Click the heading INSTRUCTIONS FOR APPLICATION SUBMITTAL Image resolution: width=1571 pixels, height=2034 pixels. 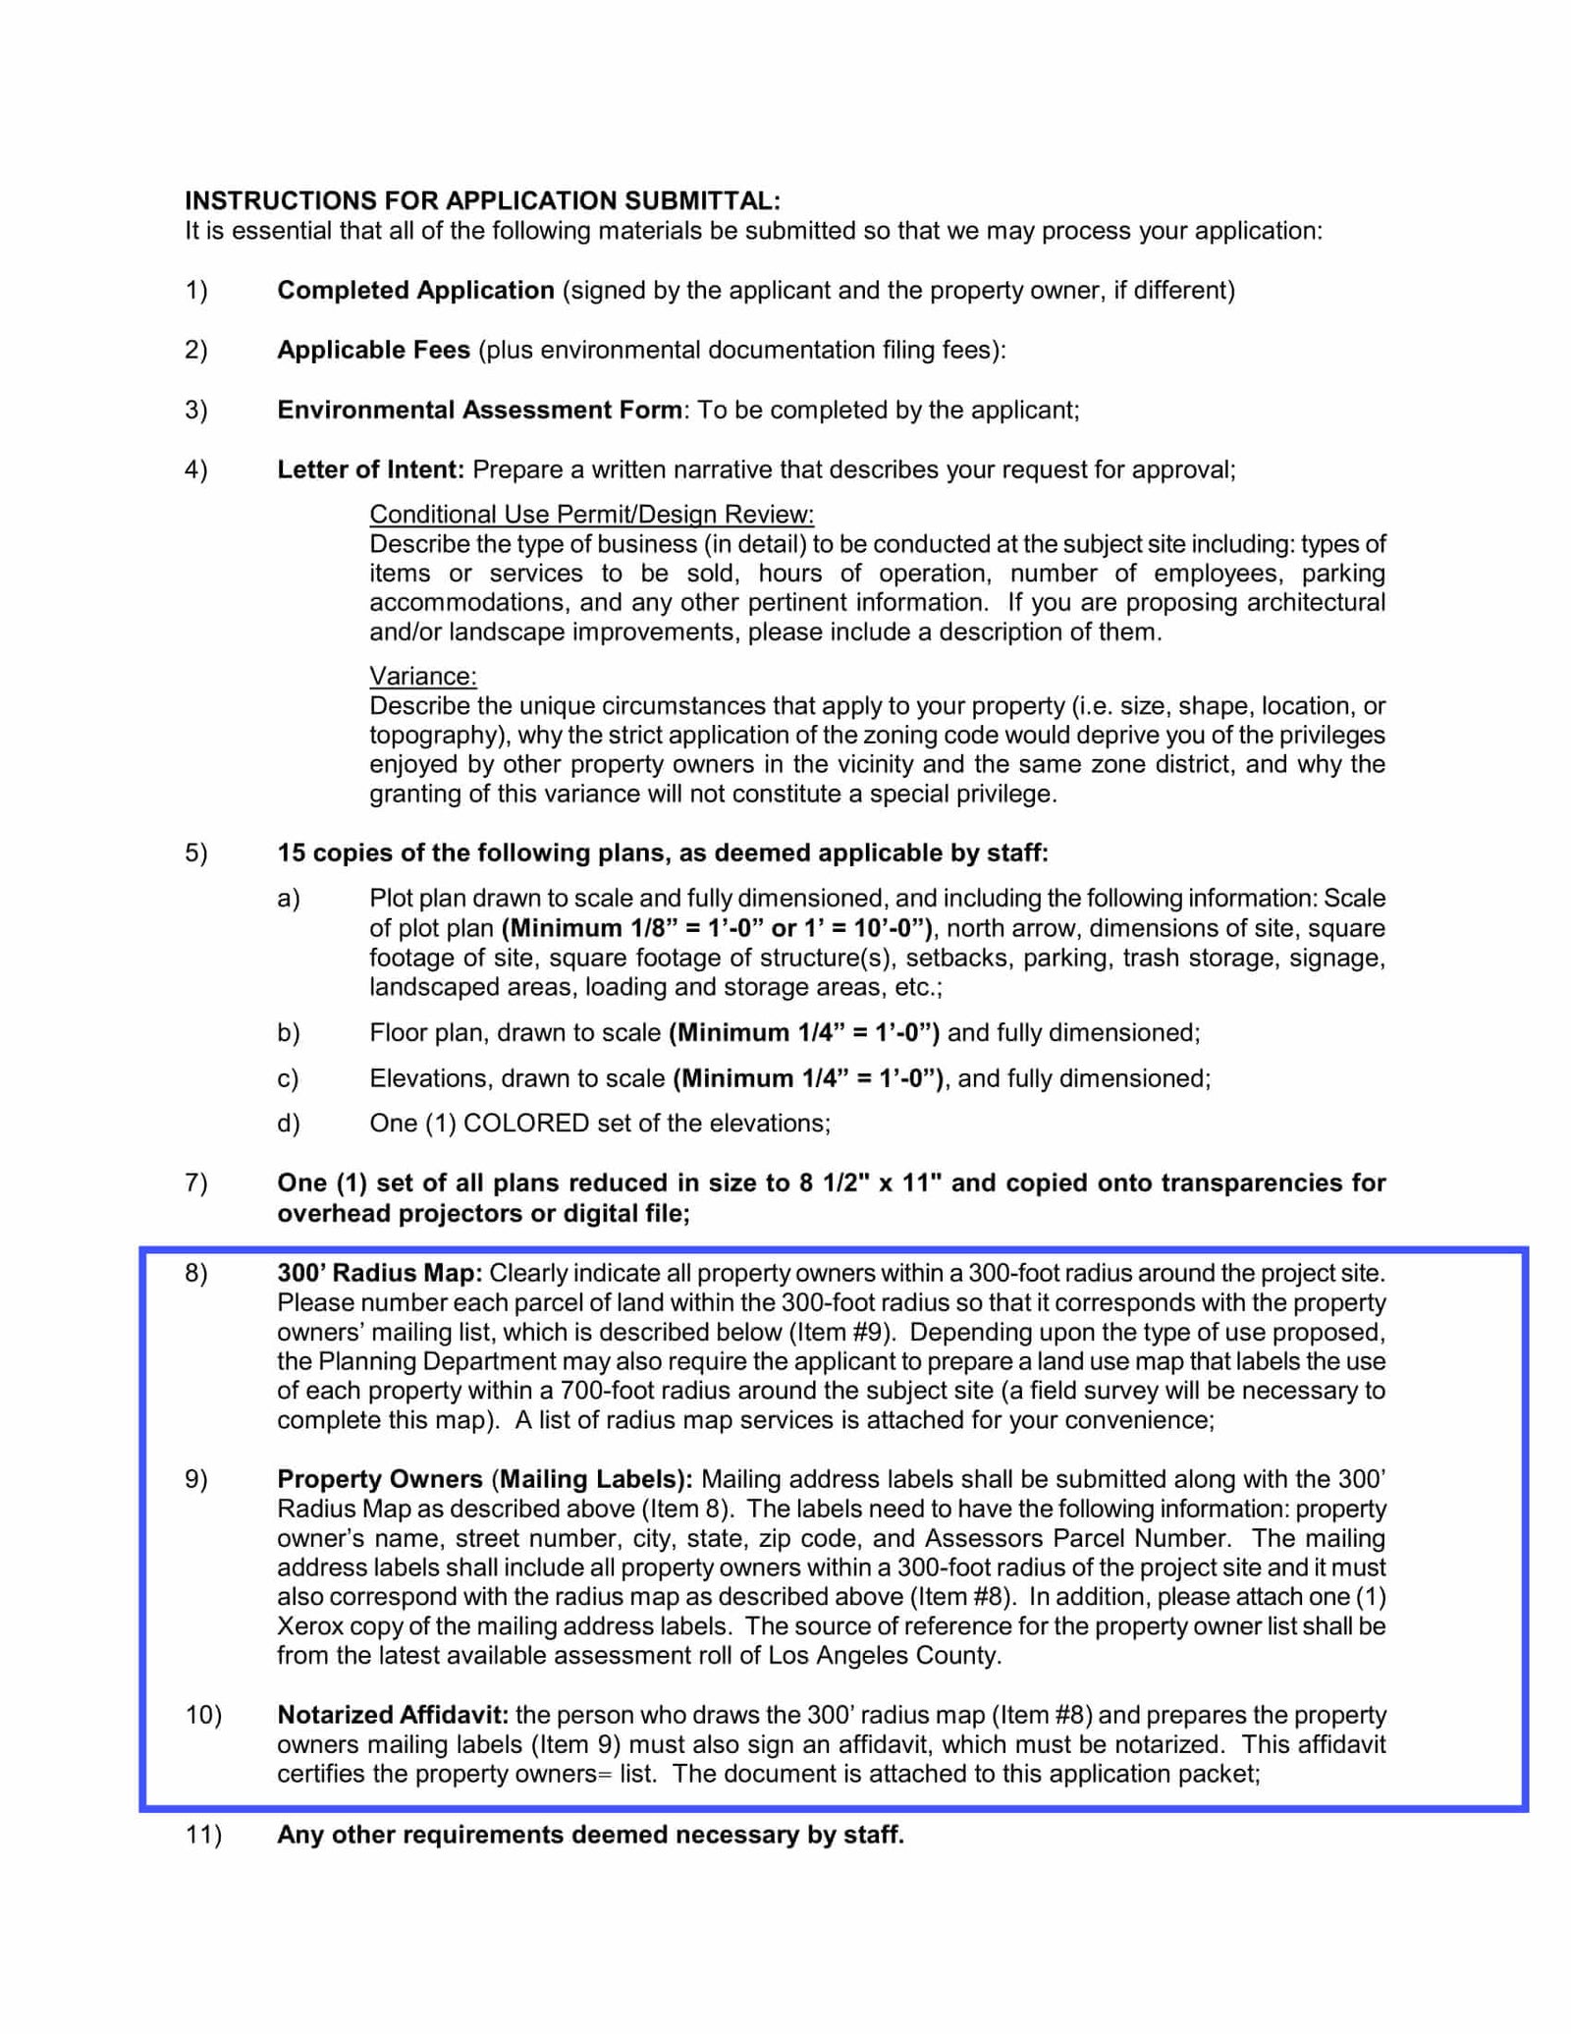click(482, 200)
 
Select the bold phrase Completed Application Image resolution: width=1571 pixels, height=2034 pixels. click(415, 291)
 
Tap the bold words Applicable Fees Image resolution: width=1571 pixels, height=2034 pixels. click(373, 351)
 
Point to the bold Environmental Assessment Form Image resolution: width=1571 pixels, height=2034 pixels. click(479, 410)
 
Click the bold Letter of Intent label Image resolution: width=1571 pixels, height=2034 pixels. click(370, 469)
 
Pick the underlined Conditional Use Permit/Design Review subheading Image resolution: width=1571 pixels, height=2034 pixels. click(591, 514)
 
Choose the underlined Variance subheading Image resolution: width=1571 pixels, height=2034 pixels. click(422, 676)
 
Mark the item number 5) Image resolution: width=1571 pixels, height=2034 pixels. click(195, 852)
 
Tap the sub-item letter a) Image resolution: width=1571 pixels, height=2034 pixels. click(288, 898)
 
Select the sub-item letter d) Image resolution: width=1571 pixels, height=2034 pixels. click(288, 1123)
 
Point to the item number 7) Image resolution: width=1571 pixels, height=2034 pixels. click(195, 1182)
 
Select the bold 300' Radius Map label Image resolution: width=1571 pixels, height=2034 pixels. click(379, 1273)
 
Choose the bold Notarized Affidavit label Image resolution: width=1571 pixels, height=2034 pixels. click(393, 1715)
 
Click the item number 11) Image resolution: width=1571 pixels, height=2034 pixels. click(202, 1835)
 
